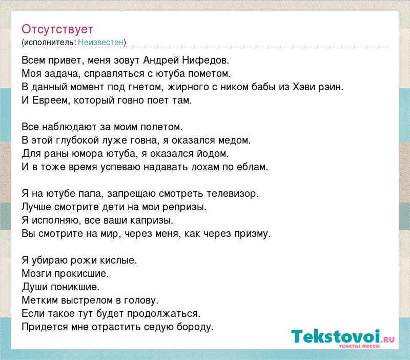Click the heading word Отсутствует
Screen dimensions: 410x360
coord(57,29)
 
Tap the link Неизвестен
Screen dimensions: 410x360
coord(100,43)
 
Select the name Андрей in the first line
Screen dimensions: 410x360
coord(161,61)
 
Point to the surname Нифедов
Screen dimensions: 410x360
coord(206,61)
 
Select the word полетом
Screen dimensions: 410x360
coord(161,127)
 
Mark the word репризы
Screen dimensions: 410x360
coord(184,207)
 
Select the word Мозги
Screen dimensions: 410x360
coord(36,274)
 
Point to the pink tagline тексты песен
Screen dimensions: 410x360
coord(359,346)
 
